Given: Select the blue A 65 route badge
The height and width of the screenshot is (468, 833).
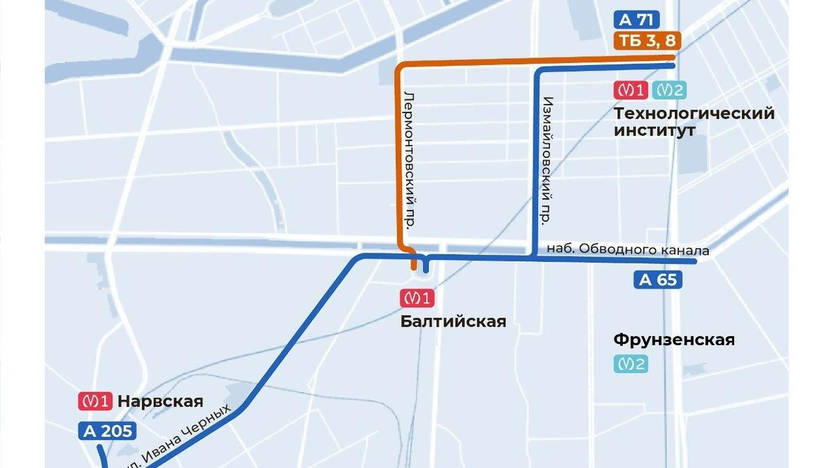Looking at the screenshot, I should (x=657, y=280).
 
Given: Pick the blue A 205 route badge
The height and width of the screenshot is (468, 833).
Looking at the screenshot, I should (x=107, y=431).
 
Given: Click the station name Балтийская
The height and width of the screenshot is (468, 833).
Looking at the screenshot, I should (x=453, y=322).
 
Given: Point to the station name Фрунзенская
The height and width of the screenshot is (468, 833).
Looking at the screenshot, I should (x=674, y=340).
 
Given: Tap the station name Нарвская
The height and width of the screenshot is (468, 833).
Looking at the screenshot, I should (x=160, y=401).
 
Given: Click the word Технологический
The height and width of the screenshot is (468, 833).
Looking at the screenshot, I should (x=694, y=114).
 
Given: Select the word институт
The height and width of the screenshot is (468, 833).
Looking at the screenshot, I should (x=654, y=130).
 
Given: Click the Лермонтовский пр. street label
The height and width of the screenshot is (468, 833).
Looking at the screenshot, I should (x=410, y=159).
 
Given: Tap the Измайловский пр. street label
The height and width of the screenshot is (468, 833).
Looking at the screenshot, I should (x=546, y=159).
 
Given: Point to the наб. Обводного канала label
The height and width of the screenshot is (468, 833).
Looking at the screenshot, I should (x=628, y=250).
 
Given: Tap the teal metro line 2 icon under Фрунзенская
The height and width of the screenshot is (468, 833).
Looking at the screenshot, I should (x=630, y=363).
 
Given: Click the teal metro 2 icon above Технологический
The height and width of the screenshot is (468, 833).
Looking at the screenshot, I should (x=671, y=90).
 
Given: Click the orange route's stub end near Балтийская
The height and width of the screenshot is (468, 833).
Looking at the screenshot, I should (x=414, y=266).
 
